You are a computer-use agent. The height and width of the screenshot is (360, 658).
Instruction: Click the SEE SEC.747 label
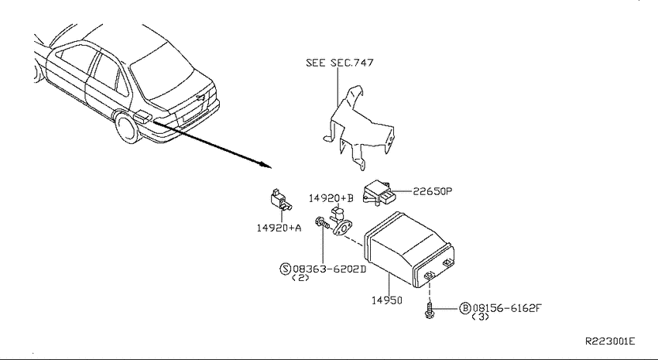pyautogui.click(x=340, y=63)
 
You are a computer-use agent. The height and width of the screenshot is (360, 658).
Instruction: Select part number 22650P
pyautogui.click(x=432, y=191)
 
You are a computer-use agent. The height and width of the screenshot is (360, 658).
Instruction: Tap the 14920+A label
pyautogui.click(x=279, y=228)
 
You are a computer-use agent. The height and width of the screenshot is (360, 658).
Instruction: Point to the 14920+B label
pyautogui.click(x=331, y=198)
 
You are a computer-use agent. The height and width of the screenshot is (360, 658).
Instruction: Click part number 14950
pyautogui.click(x=387, y=300)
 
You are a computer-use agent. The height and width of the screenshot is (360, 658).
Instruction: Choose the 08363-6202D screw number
pyautogui.click(x=330, y=269)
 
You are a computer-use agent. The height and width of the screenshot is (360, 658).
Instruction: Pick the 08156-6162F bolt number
pyautogui.click(x=507, y=308)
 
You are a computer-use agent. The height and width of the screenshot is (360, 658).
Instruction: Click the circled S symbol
pyautogui.click(x=286, y=269)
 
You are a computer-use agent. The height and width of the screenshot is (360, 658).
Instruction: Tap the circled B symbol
pyautogui.click(x=465, y=308)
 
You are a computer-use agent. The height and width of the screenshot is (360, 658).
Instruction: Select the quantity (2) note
pyautogui.click(x=300, y=278)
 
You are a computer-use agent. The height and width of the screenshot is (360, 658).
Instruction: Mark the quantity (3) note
pyautogui.click(x=481, y=317)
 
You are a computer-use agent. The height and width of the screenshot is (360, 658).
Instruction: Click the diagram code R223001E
pyautogui.click(x=610, y=341)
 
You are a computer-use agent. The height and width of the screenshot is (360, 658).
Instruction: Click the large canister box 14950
pyautogui.click(x=410, y=249)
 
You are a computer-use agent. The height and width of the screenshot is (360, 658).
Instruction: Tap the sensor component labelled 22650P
pyautogui.click(x=379, y=193)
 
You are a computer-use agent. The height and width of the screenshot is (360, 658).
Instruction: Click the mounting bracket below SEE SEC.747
pyautogui.click(x=358, y=127)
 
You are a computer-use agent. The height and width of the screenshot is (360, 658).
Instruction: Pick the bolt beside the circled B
pyautogui.click(x=430, y=310)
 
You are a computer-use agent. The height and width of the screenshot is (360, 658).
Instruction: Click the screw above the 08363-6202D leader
pyautogui.click(x=323, y=222)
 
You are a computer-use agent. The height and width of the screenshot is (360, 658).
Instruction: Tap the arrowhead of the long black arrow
pyautogui.click(x=267, y=164)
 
